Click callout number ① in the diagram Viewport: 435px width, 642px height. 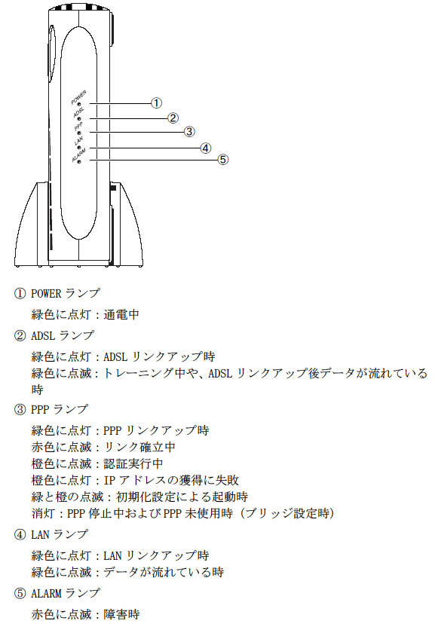[156, 102]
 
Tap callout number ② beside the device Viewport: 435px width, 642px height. [173, 118]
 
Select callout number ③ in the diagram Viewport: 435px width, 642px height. [188, 131]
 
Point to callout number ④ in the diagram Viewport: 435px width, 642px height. [206, 148]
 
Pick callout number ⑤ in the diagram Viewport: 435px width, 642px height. [222, 159]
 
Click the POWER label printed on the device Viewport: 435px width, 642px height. [78, 97]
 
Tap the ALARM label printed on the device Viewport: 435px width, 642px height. [78, 154]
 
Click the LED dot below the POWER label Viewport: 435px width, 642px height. [79, 105]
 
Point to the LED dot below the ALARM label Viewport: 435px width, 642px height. [79, 161]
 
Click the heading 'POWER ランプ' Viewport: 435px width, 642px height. [66, 293]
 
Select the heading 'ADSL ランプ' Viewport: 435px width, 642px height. [63, 335]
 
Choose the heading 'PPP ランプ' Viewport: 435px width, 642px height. [60, 409]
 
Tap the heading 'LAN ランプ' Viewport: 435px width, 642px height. [60, 534]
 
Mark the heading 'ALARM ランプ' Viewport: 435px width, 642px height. [66, 593]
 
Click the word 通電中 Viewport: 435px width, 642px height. [121, 314]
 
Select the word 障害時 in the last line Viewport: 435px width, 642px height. [121, 614]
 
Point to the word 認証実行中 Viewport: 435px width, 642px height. [133, 463]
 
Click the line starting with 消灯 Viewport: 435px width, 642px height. [183, 513]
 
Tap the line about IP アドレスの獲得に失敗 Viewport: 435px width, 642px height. [135, 480]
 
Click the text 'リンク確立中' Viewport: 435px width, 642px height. [139, 447]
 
